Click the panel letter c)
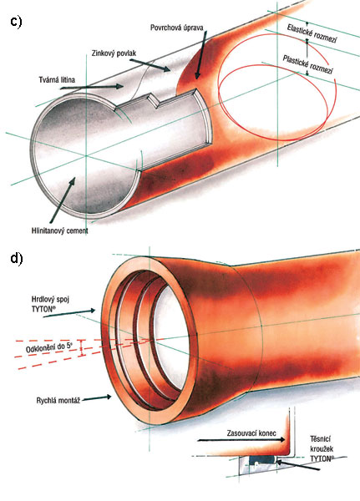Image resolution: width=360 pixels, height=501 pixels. point(16,22)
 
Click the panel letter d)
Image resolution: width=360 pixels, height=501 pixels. point(17,258)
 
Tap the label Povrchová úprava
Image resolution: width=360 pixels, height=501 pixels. point(176,28)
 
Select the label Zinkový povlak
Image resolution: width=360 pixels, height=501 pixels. point(114,53)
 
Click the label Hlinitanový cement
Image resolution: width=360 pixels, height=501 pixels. point(60,230)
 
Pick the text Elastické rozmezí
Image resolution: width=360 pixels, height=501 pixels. point(312,33)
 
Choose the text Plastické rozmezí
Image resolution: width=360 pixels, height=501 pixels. point(307,64)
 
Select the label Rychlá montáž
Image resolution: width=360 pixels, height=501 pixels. point(58,400)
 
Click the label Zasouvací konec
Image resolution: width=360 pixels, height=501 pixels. point(251,433)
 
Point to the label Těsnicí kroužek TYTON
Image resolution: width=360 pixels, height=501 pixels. point(322,449)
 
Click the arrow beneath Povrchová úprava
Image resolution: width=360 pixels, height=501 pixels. point(201,55)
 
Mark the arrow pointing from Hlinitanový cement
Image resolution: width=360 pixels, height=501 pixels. point(62,200)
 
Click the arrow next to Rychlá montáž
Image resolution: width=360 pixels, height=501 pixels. point(97,397)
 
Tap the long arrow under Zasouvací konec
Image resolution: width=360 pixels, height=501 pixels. point(241,440)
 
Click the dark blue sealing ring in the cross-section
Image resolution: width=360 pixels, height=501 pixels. point(263,459)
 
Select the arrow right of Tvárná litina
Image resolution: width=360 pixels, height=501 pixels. point(91,86)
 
